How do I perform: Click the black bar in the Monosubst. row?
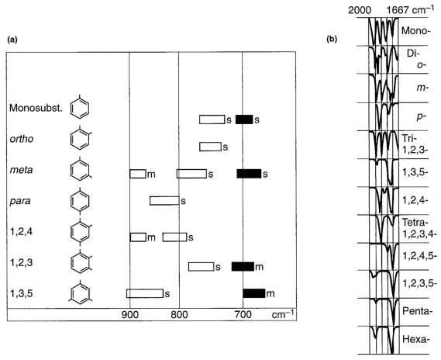click(x=244, y=119)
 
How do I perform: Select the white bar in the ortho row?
click(x=210, y=147)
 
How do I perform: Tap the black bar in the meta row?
click(x=249, y=174)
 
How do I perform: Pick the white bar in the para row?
click(x=164, y=201)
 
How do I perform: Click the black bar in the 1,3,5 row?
click(x=254, y=293)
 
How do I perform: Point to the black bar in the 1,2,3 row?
click(x=243, y=266)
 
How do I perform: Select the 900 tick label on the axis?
click(x=130, y=315)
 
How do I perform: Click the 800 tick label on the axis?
click(x=179, y=315)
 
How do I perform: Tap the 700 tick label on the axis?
click(x=243, y=315)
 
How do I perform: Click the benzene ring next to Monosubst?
click(x=80, y=108)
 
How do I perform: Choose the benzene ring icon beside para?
click(x=80, y=200)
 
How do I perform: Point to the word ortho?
click(x=22, y=139)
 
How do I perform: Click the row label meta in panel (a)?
click(x=22, y=170)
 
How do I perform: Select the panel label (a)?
click(x=12, y=40)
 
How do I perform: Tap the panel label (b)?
click(x=332, y=40)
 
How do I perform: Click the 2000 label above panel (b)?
click(x=359, y=10)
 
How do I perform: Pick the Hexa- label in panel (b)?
click(x=416, y=339)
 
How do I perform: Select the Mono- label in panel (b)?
click(x=416, y=30)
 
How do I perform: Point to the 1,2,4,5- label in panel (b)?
click(x=419, y=256)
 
